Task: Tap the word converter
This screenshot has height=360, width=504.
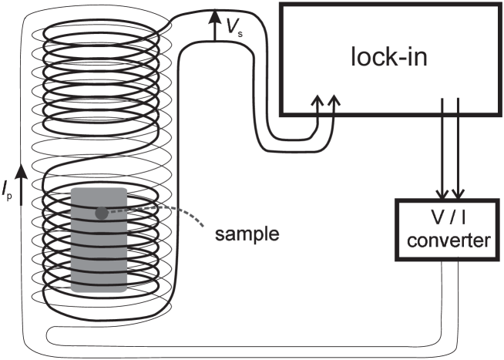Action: click(x=448, y=241)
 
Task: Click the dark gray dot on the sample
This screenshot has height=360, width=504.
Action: click(x=101, y=212)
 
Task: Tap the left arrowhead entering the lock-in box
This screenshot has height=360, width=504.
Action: click(x=316, y=101)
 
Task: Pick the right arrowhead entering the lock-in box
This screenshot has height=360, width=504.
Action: click(x=334, y=101)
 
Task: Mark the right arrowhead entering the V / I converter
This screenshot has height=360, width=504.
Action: click(x=459, y=193)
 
